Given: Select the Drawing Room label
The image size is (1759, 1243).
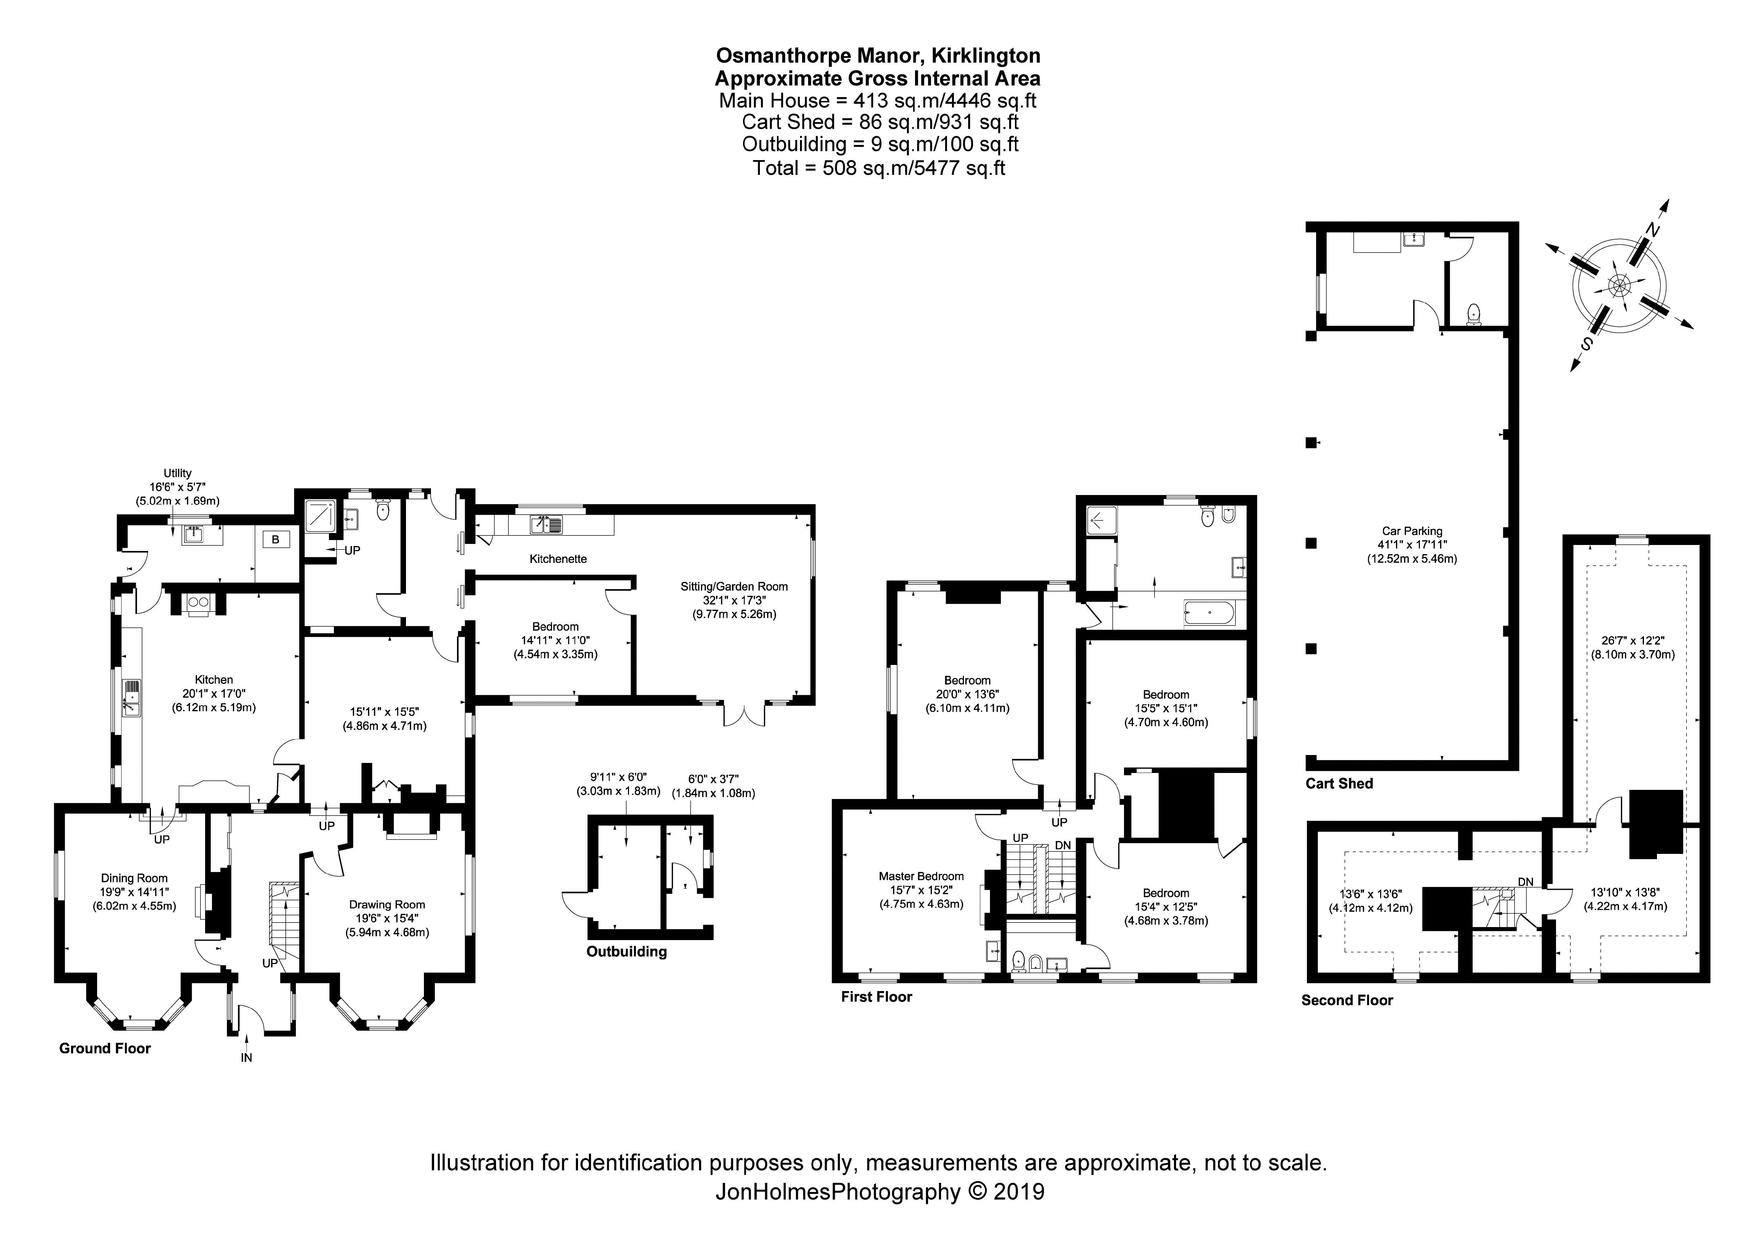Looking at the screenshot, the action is pos(387,904).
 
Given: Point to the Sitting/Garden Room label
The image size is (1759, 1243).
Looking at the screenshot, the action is pos(734,586).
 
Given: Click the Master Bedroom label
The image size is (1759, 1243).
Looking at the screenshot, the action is pos(921,876).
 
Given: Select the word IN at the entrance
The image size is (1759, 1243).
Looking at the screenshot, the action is pos(247,1058).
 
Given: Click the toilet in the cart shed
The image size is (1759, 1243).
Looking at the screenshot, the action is pos(1473,313).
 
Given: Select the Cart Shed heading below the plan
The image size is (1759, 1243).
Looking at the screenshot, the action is pos(1339,783).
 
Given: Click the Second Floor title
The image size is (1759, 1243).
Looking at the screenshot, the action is pos(1347,1000).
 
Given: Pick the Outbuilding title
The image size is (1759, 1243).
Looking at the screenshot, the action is pos(627,952).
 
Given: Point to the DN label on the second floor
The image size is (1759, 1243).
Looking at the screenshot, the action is pos(1525,882).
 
